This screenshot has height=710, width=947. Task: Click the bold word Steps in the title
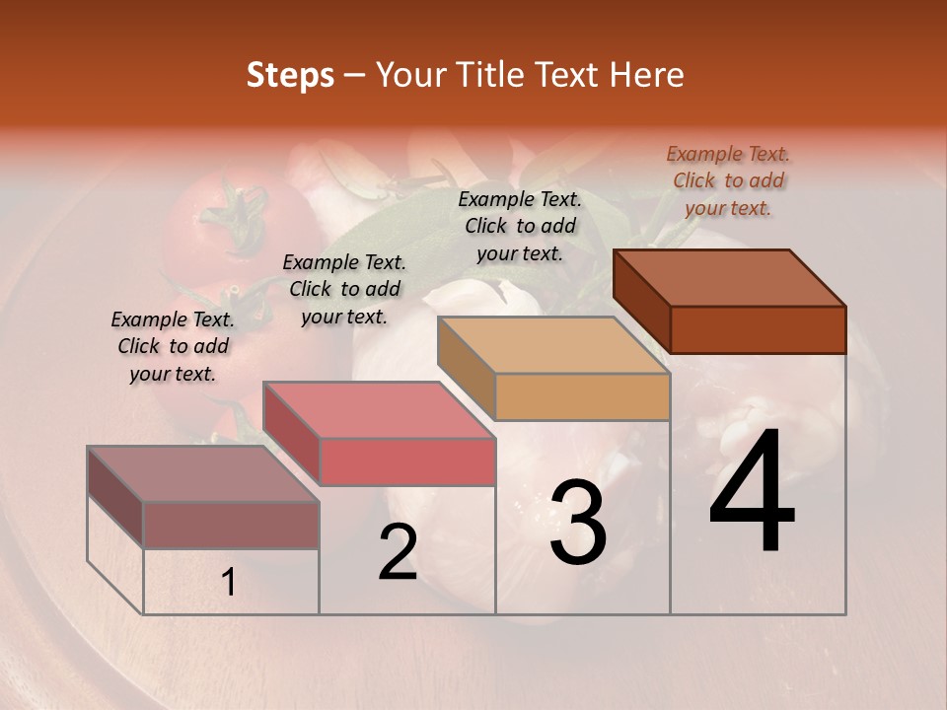tap(290, 75)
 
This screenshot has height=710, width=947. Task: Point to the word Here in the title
tap(647, 75)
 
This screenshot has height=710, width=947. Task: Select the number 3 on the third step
tap(578, 523)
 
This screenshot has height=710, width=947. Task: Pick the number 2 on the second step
tap(398, 552)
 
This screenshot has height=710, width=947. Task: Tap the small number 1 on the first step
tap(229, 583)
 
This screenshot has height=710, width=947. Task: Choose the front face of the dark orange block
tap(758, 329)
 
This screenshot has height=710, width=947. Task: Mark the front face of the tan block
tap(582, 397)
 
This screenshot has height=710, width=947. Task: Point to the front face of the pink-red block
tap(407, 461)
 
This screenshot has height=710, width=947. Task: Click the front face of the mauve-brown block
tap(231, 525)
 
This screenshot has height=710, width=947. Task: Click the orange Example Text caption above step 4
tap(728, 180)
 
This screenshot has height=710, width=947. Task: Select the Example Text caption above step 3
tap(520, 226)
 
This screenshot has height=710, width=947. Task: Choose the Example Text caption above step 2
tap(343, 289)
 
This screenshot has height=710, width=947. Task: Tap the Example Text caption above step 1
tap(173, 346)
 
